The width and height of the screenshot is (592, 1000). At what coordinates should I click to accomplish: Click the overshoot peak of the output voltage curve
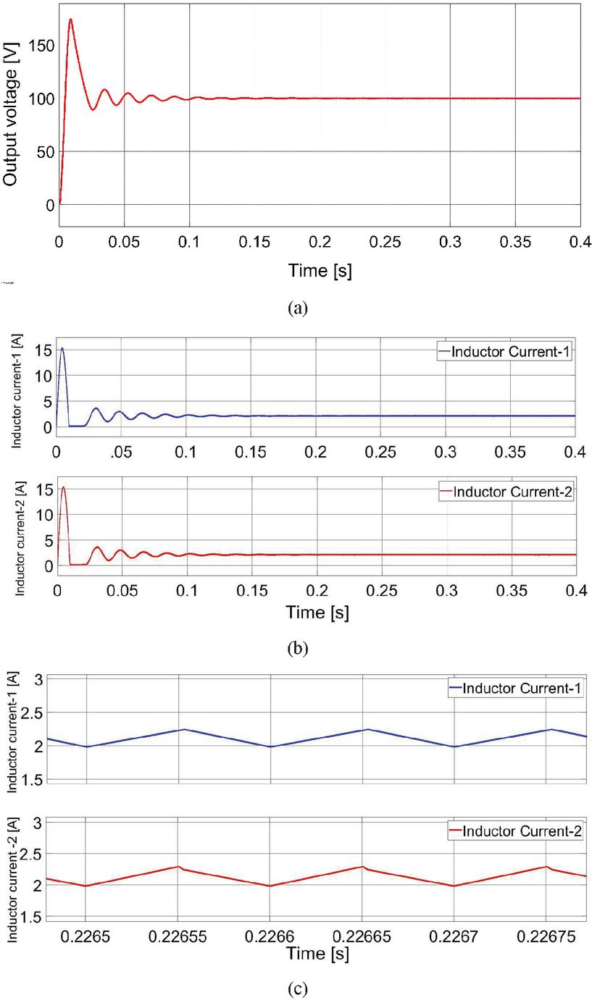point(70,20)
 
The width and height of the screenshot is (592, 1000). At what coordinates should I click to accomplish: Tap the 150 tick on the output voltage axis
point(45,46)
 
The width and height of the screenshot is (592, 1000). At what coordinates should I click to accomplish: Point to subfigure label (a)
point(297,308)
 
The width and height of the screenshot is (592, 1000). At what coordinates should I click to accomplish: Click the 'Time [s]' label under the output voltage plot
point(320,272)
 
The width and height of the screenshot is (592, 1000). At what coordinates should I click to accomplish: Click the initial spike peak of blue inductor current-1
point(62,348)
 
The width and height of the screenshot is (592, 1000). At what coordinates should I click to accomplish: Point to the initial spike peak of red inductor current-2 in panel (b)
point(63,487)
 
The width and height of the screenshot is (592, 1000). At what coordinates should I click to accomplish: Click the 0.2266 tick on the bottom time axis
point(270,936)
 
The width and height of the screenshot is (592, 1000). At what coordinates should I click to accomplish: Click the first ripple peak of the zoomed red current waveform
point(178,866)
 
